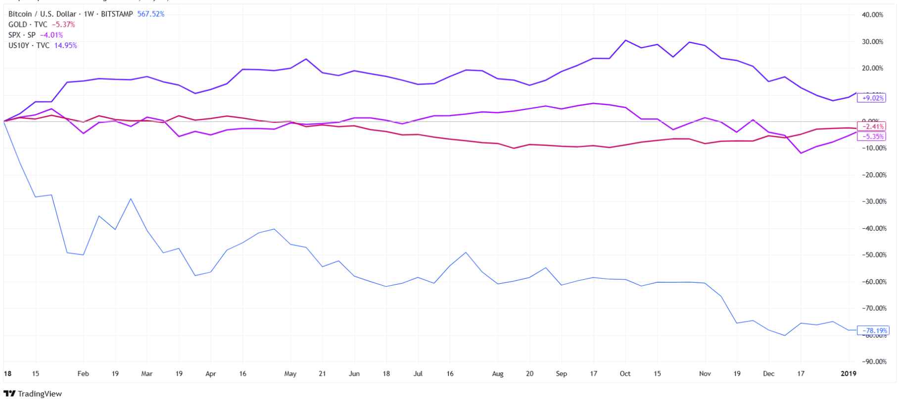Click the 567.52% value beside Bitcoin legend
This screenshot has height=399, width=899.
point(150,14)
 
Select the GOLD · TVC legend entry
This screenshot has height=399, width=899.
point(28,25)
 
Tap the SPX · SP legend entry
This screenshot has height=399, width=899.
point(22,35)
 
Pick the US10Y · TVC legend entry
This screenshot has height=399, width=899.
point(29,46)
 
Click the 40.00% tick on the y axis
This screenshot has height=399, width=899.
point(872,15)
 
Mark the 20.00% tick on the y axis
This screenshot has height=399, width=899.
point(872,68)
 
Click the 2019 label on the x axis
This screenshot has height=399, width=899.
point(849,374)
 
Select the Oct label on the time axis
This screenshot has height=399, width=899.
point(625,374)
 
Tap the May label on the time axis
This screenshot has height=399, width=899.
point(290,374)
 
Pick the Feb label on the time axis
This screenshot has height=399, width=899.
point(83,374)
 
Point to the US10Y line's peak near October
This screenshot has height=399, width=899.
point(625,40)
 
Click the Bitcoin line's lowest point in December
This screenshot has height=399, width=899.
point(785,336)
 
